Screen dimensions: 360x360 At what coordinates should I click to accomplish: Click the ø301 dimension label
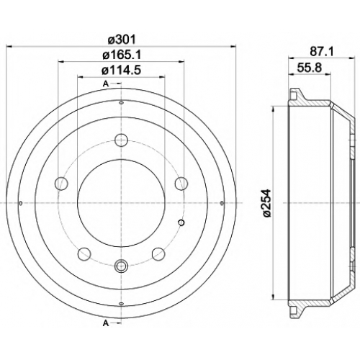click(122, 40)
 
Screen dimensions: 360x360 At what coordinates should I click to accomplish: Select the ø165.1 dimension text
click(122, 55)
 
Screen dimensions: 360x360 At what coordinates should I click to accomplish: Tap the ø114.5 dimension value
click(121, 71)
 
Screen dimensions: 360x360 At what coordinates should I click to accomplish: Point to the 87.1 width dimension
click(322, 51)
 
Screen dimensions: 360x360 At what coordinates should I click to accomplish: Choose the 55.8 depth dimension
click(310, 68)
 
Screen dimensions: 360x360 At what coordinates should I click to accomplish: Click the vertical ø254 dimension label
click(266, 203)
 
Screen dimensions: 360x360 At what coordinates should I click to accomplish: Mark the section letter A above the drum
click(106, 84)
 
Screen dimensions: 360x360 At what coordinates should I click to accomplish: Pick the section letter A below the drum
click(106, 324)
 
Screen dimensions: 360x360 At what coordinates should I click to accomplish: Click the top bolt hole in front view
click(122, 140)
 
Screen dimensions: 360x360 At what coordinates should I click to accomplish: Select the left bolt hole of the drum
click(62, 184)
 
